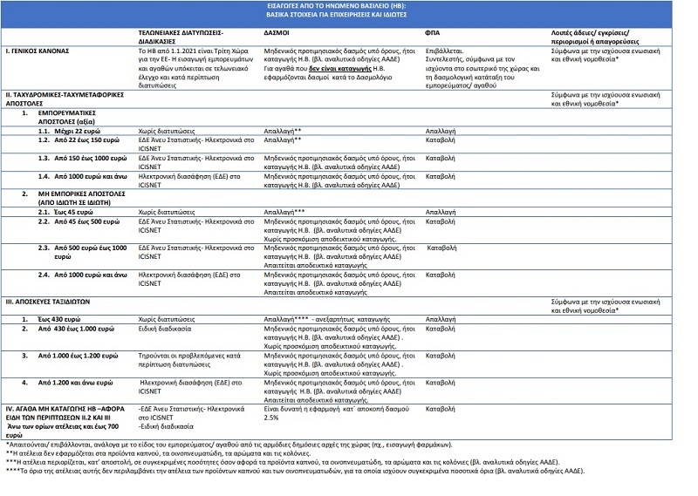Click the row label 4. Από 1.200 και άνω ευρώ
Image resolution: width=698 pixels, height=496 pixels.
click(x=73, y=382)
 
